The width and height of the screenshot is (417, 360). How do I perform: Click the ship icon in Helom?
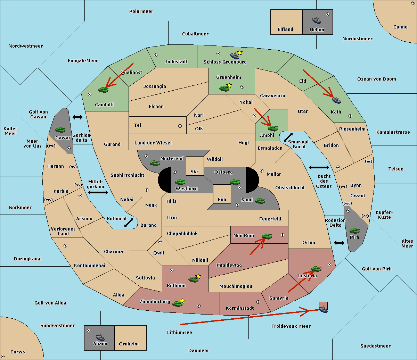click(x=317, y=20)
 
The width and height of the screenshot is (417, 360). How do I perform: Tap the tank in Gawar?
click(x=60, y=129)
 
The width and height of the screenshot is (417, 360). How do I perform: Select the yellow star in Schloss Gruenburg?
click(x=239, y=53)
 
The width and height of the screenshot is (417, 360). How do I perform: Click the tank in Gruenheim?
click(x=224, y=88)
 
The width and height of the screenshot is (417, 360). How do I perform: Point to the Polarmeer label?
click(x=141, y=11)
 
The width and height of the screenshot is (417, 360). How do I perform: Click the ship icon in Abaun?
click(x=100, y=337)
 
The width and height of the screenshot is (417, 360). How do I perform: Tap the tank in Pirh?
click(x=354, y=231)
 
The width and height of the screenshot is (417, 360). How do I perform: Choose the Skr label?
click(x=195, y=171)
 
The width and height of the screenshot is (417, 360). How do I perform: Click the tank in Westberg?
click(x=180, y=182)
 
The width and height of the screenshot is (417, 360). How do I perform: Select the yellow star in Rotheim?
click(x=198, y=276)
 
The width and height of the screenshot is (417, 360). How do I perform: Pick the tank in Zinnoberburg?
click(x=178, y=304)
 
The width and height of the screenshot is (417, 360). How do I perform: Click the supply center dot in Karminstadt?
click(x=258, y=302)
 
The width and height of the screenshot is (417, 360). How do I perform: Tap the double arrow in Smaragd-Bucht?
click(x=288, y=137)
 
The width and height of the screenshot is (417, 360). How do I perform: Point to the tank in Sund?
click(x=260, y=201)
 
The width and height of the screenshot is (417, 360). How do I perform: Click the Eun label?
click(x=222, y=199)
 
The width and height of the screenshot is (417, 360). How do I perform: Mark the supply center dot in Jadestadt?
click(x=156, y=55)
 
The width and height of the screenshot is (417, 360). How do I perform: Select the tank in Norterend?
click(x=155, y=163)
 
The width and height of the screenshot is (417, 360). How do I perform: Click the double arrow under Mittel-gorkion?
click(x=98, y=193)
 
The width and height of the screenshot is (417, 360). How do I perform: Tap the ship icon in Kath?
click(x=336, y=100)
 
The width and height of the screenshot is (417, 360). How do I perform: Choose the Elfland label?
click(x=285, y=29)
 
